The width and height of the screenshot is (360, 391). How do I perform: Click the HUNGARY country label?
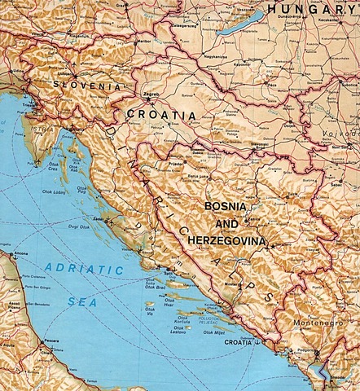[314, 9]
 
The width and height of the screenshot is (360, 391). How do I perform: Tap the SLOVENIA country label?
[86, 85]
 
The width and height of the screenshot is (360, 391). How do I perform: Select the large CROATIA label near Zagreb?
[160, 116]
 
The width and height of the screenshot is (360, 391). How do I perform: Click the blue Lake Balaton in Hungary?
[242, 23]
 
